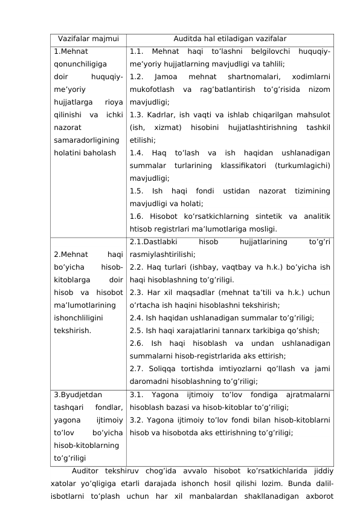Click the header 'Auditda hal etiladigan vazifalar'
coord(230,39)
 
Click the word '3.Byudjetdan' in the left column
coord(77,395)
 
